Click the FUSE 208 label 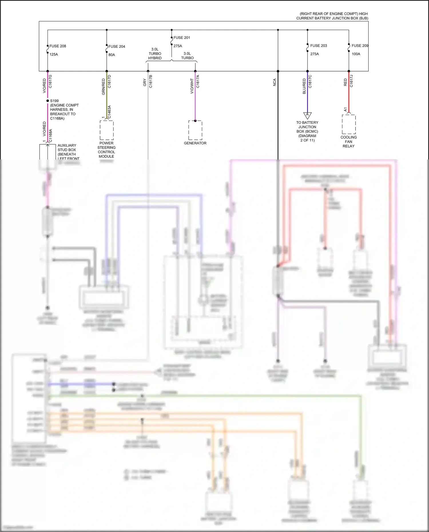click(x=57, y=46)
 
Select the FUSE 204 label click(x=117, y=47)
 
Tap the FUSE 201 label click(x=182, y=38)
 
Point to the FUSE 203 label click(x=318, y=46)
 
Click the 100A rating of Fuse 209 click(x=356, y=54)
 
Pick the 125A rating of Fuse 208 click(x=54, y=54)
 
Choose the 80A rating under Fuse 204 click(x=112, y=55)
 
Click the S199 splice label click(x=54, y=101)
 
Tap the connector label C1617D click(x=110, y=81)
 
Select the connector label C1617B click(x=151, y=81)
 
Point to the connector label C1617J click(x=351, y=81)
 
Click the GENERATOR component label click(x=195, y=143)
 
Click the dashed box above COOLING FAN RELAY click(x=349, y=124)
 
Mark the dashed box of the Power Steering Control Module click(x=107, y=130)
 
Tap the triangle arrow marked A click(x=307, y=115)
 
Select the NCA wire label click(x=275, y=82)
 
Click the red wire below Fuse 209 click(x=349, y=94)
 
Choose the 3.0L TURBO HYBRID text click(x=155, y=54)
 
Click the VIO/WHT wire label click(x=192, y=86)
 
